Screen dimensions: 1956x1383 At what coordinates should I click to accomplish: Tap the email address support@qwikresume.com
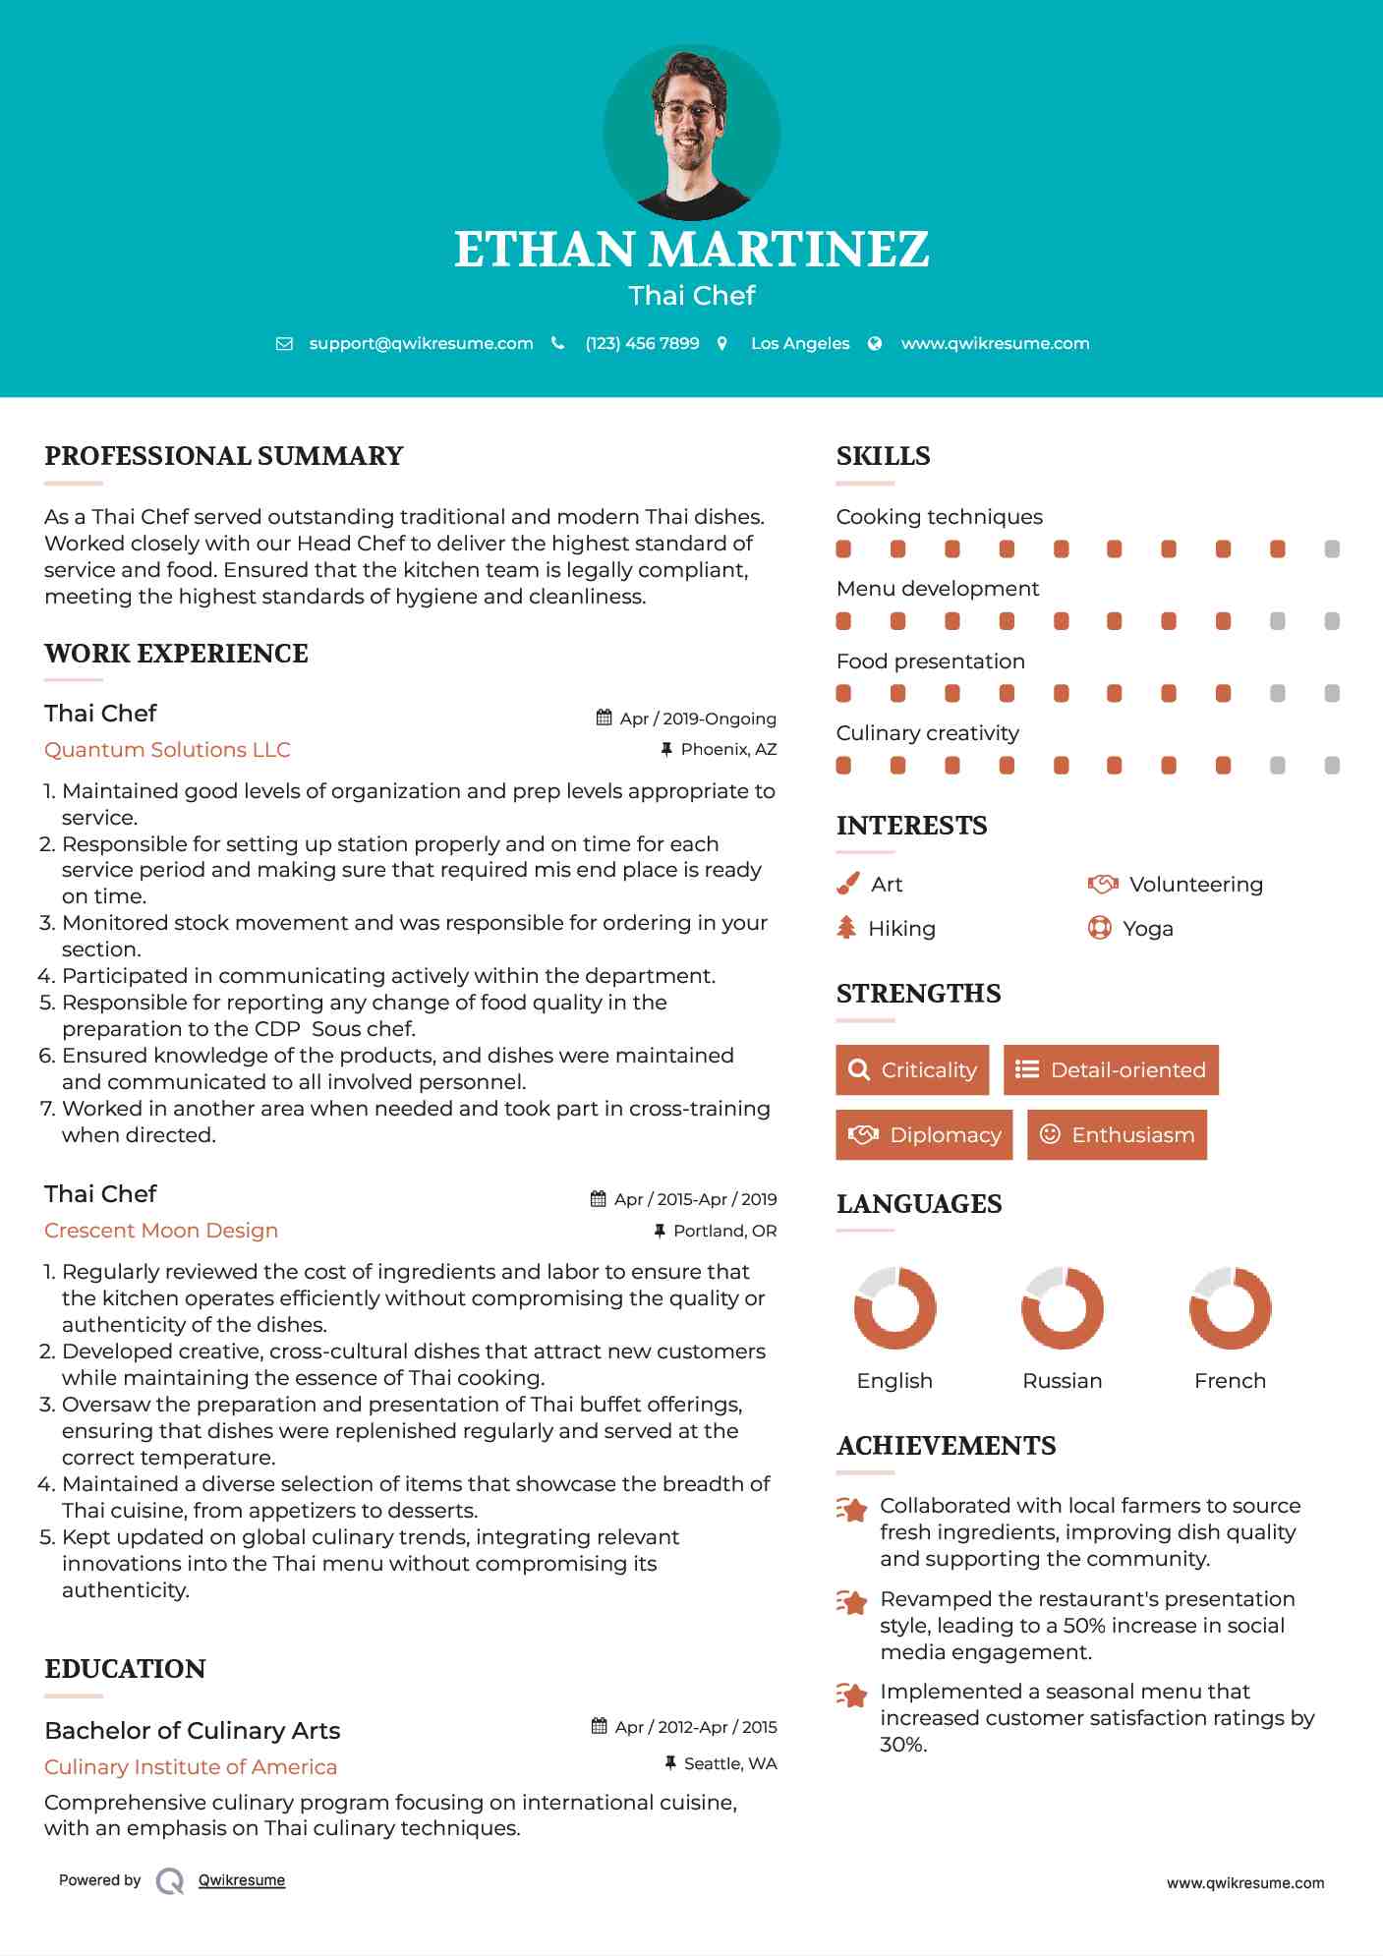click(x=421, y=344)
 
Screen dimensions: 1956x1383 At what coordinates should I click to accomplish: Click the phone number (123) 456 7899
click(x=642, y=344)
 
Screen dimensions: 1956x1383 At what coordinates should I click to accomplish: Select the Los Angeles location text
click(x=800, y=344)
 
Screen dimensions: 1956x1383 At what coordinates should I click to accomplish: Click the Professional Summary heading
click(x=224, y=456)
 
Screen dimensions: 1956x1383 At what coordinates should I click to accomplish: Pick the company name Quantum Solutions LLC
click(x=167, y=750)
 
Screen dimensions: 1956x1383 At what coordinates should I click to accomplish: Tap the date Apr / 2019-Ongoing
click(x=697, y=719)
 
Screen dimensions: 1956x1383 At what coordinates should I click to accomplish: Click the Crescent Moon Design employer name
click(x=161, y=1231)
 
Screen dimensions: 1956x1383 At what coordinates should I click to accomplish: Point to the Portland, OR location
click(x=724, y=1231)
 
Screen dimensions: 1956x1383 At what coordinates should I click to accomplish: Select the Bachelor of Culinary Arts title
click(x=193, y=1731)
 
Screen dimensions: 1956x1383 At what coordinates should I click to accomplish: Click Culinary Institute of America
click(x=191, y=1767)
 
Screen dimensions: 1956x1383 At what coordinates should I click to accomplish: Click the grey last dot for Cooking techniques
click(x=1332, y=549)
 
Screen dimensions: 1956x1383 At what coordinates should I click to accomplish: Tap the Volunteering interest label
click(x=1195, y=885)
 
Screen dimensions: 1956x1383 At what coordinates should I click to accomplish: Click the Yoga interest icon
click(x=1099, y=928)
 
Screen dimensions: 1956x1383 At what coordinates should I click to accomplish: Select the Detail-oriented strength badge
click(x=1111, y=1070)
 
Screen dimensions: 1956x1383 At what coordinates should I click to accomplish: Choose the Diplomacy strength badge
click(x=924, y=1135)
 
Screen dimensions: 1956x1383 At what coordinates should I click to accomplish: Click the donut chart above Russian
click(x=1063, y=1308)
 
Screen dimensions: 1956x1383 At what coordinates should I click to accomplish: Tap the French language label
click(x=1230, y=1381)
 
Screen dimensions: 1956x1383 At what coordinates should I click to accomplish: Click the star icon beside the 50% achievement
click(x=851, y=1602)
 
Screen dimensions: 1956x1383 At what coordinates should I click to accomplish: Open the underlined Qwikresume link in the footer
click(x=242, y=1880)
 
